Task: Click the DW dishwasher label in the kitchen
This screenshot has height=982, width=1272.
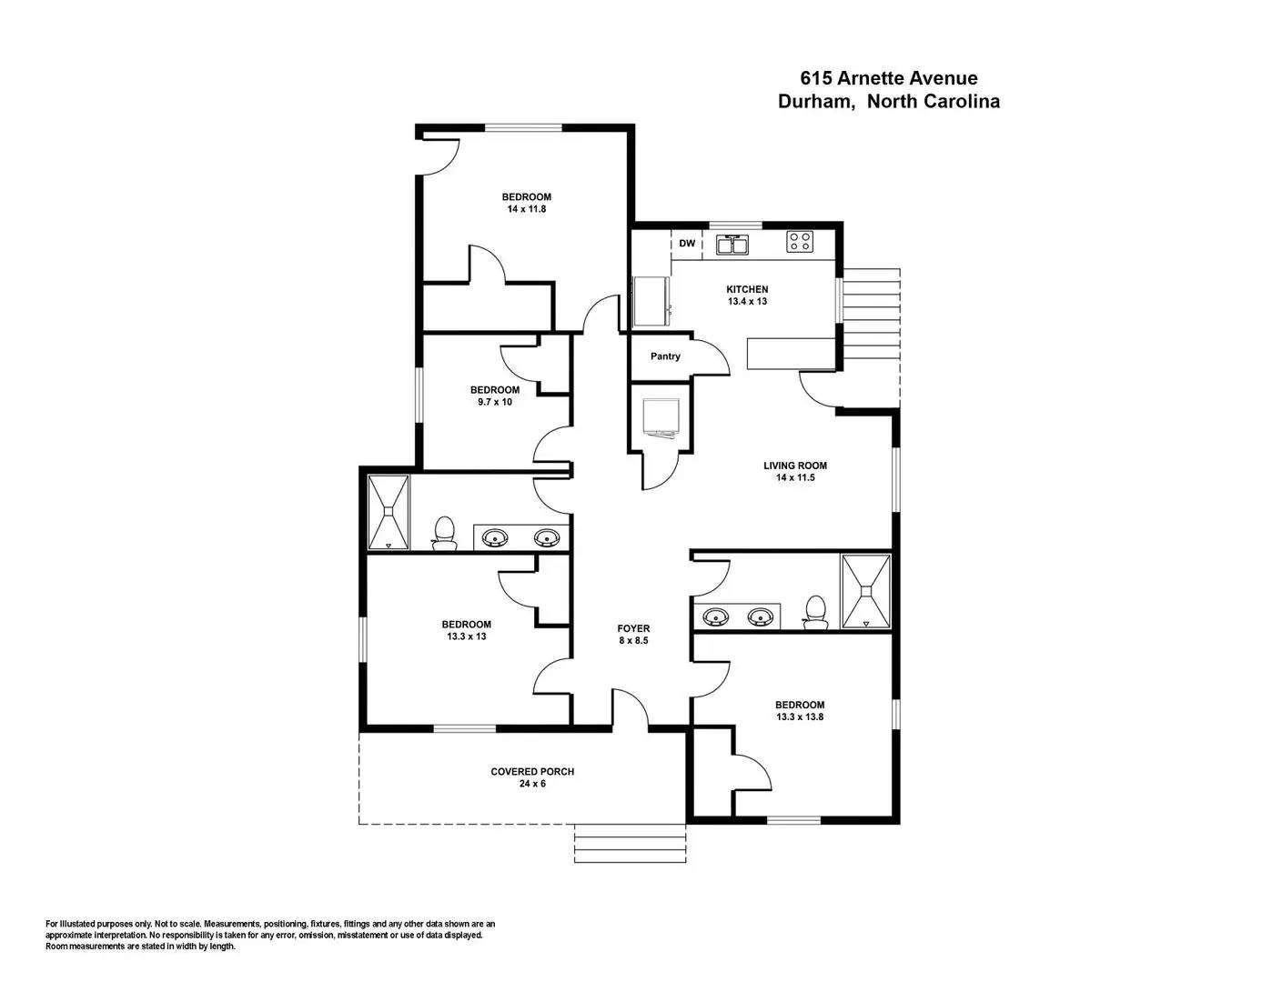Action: [687, 244]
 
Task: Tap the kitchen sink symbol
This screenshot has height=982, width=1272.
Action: [732, 245]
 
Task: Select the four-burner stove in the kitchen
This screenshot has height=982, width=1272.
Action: [800, 242]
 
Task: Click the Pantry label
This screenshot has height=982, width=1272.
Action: [665, 356]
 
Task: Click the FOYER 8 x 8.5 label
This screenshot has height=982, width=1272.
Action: [633, 634]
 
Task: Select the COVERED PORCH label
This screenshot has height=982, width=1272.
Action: [532, 777]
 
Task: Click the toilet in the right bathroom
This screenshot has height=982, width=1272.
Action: [816, 611]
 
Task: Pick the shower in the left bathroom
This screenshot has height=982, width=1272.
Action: [389, 512]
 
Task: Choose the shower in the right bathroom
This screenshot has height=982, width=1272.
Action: [865, 591]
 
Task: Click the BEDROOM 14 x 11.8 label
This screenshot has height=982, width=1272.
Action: [527, 203]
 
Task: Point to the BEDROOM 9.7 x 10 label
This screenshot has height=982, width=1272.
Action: [495, 396]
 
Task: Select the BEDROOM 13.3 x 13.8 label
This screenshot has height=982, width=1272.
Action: [800, 710]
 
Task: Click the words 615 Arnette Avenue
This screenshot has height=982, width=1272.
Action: [888, 78]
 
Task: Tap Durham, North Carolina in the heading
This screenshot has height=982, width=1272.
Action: [888, 102]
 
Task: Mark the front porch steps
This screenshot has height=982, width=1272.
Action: [630, 844]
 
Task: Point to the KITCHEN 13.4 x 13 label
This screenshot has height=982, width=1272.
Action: [747, 295]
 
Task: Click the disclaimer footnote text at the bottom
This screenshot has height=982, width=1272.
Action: [270, 935]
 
